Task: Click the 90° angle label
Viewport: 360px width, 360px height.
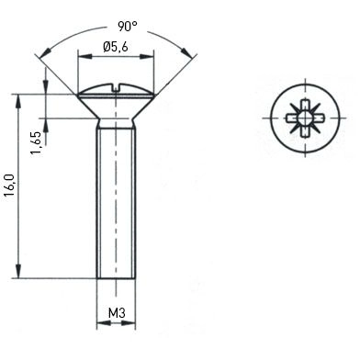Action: [128, 27]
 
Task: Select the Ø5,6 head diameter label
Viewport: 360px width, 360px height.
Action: [116, 47]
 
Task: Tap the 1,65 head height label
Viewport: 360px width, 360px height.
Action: [36, 143]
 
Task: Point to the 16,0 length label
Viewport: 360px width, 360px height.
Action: [9, 186]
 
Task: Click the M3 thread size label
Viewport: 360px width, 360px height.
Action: [117, 313]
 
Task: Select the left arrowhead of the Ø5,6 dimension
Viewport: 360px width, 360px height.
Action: [85, 57]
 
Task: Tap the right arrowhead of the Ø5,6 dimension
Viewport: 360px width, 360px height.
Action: [146, 57]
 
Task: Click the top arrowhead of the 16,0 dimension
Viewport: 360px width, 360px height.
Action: [18, 101]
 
